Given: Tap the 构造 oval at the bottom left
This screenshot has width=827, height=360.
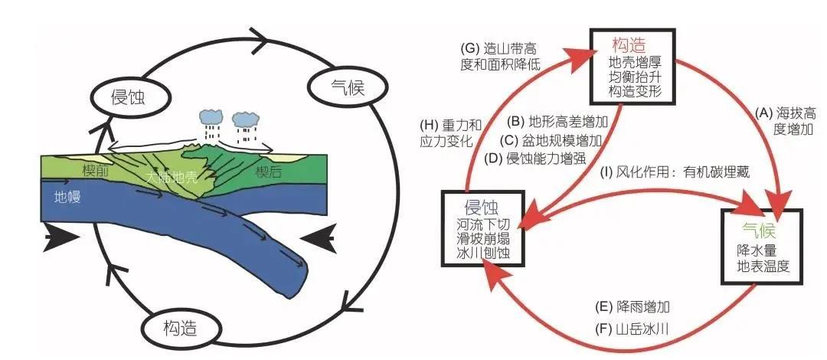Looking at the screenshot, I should click(x=180, y=329).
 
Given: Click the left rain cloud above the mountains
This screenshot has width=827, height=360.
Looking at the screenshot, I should click(x=211, y=119).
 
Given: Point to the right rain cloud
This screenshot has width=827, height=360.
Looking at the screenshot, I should click(x=245, y=119).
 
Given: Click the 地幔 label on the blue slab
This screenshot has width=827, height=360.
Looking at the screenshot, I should click(x=68, y=196).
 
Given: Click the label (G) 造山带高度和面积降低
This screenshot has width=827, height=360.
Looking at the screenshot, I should click(x=502, y=55).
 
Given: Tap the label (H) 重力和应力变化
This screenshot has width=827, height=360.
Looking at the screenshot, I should click(x=451, y=133).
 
